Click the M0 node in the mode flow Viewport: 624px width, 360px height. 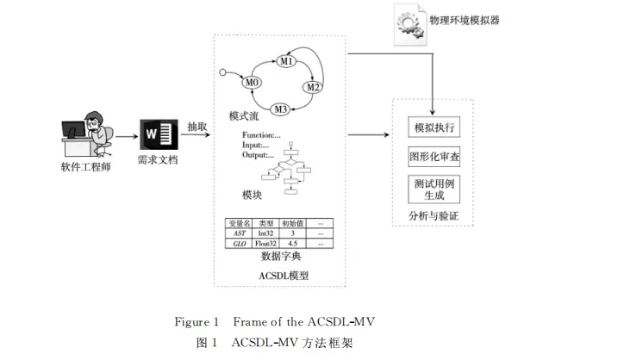pos(253,83)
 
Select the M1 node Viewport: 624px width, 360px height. pos(287,62)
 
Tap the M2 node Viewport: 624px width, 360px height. pos(314,88)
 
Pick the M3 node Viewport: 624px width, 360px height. pos(280,109)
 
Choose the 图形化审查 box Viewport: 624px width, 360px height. pos(434,158)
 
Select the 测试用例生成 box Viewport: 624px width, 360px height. pos(434,189)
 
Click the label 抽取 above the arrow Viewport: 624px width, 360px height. pos(197,127)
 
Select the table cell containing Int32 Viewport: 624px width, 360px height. pos(265,233)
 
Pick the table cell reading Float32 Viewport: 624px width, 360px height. pos(265,244)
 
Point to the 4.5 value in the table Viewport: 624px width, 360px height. pos(294,244)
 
